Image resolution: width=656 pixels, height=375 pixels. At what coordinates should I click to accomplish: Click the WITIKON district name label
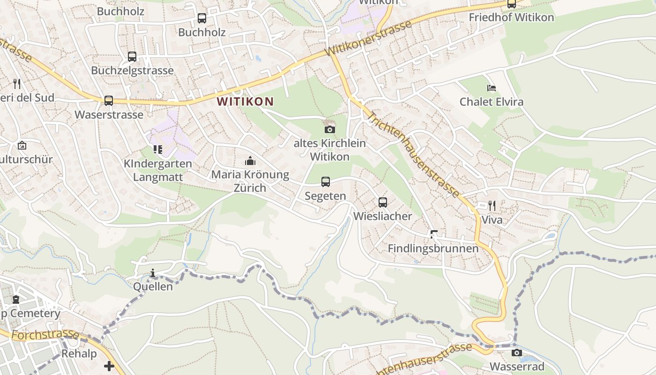[245, 101]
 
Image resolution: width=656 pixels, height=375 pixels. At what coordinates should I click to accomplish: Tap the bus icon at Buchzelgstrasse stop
[132, 57]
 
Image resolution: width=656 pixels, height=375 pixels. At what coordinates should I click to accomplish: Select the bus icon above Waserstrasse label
[109, 100]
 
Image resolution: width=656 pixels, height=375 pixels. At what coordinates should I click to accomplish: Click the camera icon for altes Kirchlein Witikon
[330, 129]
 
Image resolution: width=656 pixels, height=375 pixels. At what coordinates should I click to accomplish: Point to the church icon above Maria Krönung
[250, 161]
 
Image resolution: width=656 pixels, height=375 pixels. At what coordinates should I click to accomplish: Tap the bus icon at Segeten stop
[325, 182]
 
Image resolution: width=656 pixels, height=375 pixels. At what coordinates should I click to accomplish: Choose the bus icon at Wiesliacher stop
[383, 202]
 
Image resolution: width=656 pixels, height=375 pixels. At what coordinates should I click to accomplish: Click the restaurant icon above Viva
[492, 206]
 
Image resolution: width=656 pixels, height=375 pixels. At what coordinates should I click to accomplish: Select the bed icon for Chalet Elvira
[491, 88]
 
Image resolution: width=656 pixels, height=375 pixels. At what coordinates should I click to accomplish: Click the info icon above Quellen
[153, 273]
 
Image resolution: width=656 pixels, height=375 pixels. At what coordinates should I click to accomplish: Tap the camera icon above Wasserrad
[517, 352]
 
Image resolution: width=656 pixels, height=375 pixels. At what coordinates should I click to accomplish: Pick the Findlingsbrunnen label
[433, 248]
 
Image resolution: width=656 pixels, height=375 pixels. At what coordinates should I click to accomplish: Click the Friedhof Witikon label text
[511, 18]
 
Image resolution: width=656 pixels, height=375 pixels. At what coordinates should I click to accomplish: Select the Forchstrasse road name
[45, 335]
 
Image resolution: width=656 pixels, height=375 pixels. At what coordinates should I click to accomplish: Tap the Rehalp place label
[79, 353]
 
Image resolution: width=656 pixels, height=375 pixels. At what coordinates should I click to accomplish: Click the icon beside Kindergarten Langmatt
[158, 150]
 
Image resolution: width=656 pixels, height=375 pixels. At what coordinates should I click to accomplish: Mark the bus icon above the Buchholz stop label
[202, 18]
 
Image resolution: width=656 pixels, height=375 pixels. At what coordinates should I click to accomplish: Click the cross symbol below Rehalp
[109, 366]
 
